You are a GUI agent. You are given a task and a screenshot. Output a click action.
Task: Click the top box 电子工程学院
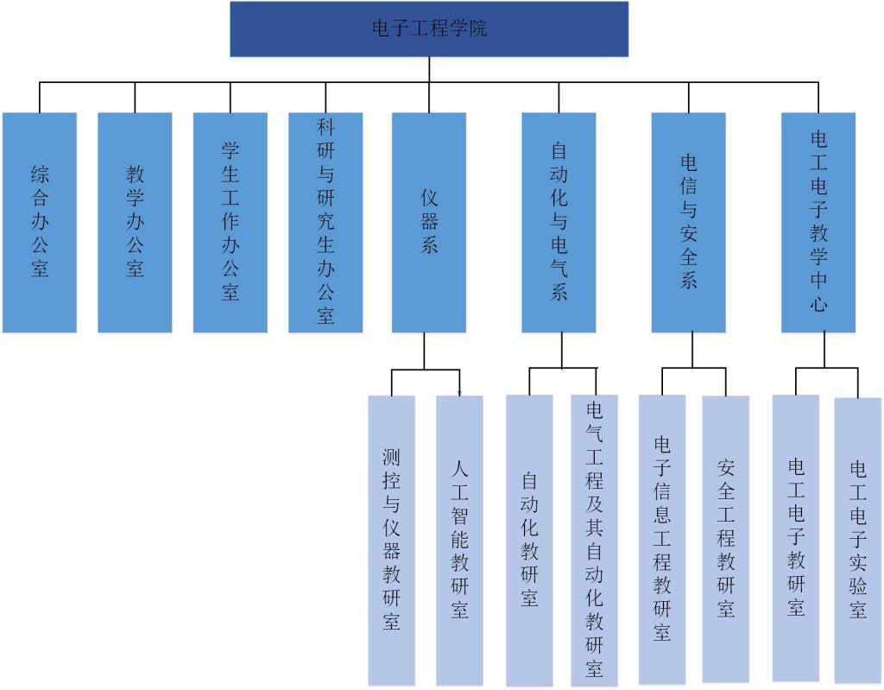tap(429, 29)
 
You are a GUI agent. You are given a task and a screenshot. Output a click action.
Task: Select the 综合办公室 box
tap(40, 222)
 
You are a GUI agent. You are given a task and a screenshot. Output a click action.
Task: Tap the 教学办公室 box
tap(135, 222)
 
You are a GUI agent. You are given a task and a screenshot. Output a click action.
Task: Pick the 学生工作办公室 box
tap(230, 222)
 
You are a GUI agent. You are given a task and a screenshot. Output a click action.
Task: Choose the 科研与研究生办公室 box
tap(325, 222)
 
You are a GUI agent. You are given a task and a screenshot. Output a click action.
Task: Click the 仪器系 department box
tap(429, 222)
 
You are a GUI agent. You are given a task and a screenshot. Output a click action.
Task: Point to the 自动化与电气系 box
tap(559, 222)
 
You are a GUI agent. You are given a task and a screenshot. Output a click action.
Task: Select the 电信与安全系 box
tap(688, 222)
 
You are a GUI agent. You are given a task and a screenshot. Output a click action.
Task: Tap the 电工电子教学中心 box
tap(818, 222)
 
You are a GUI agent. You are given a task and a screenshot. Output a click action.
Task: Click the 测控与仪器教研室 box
tap(391, 540)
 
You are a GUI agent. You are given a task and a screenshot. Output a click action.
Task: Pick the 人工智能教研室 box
tap(459, 540)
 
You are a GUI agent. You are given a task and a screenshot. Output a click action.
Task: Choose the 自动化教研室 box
tap(529, 540)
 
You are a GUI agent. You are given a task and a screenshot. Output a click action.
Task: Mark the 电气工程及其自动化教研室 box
tap(594, 540)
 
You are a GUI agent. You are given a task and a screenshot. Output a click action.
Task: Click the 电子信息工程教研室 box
tap(662, 540)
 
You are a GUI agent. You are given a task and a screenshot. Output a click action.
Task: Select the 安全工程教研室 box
tap(725, 540)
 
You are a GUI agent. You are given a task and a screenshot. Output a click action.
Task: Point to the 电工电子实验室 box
tap(858, 540)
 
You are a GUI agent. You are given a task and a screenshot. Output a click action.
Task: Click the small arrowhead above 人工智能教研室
tap(459, 393)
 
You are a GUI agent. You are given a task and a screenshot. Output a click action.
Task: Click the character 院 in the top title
tap(478, 28)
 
